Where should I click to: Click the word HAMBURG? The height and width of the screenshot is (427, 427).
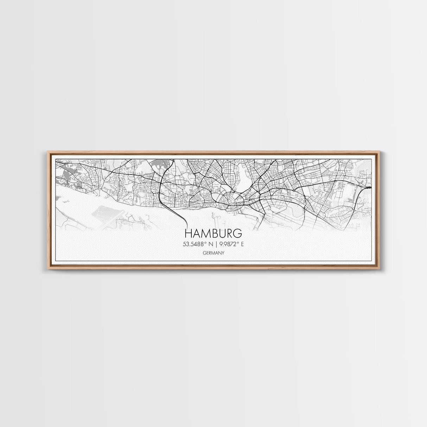(x=213, y=234)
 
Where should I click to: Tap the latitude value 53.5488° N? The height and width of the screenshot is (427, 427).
(x=196, y=244)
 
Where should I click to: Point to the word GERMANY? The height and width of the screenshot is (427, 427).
(x=213, y=253)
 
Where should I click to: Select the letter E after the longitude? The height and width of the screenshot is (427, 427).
(x=242, y=244)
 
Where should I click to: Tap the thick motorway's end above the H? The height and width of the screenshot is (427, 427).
(x=185, y=222)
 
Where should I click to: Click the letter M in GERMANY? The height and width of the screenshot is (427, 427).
(x=213, y=253)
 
